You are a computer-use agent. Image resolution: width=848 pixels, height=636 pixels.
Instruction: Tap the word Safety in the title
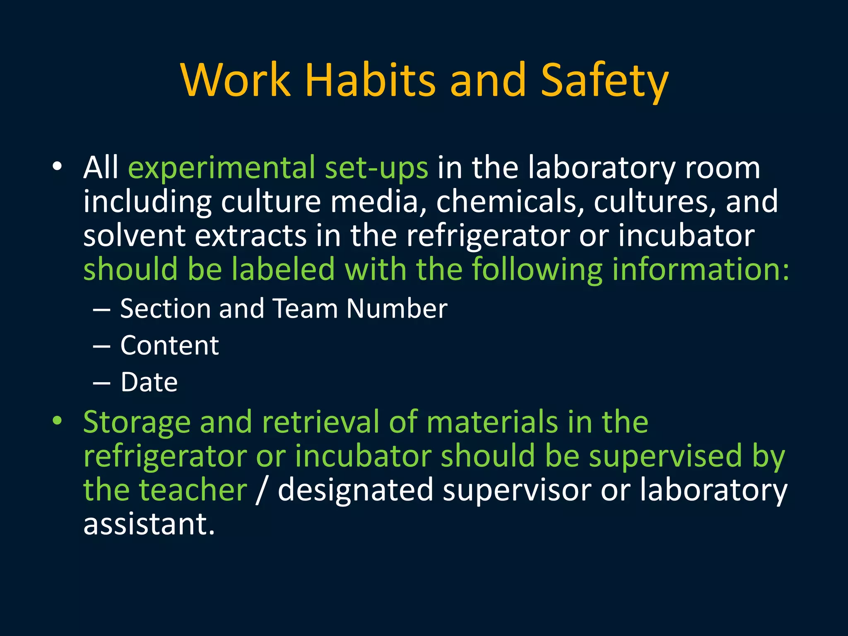click(604, 81)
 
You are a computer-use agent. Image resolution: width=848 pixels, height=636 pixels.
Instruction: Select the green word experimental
click(222, 168)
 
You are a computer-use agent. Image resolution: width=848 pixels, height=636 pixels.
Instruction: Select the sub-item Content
click(169, 345)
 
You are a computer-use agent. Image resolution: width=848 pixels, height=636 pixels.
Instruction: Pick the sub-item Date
click(149, 382)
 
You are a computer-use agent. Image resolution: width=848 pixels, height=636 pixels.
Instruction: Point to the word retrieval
click(320, 422)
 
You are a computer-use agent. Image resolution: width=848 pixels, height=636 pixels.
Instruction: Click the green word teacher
click(193, 490)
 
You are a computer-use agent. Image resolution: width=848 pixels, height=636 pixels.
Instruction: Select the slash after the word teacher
click(260, 490)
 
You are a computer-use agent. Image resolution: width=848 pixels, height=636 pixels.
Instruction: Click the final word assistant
click(149, 524)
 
